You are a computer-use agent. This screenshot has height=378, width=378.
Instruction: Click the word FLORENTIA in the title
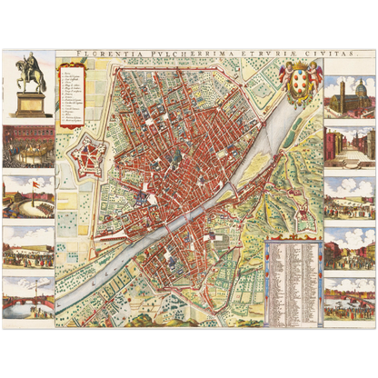[103, 55]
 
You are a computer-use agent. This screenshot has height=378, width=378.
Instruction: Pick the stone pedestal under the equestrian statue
[30, 104]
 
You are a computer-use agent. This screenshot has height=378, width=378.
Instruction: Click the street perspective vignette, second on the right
[350, 146]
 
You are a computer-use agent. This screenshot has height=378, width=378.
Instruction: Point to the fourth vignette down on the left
[27, 244]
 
